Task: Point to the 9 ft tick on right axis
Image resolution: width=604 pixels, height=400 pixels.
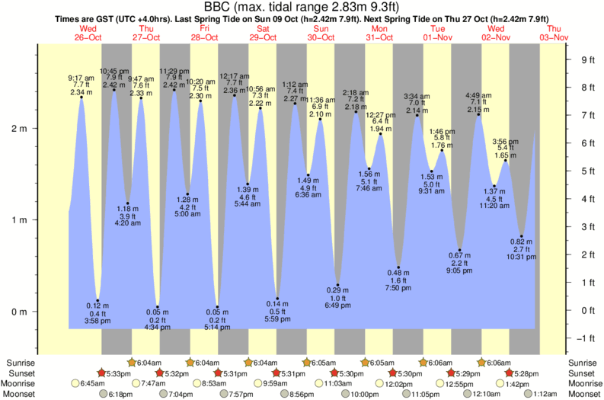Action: point(587,59)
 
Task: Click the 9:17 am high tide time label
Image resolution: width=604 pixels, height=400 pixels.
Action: point(81,77)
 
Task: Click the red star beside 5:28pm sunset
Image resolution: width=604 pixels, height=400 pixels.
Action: point(510,373)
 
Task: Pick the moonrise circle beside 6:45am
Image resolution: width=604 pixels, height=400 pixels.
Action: point(75,383)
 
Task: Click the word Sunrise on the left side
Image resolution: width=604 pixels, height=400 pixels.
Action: point(19,362)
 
